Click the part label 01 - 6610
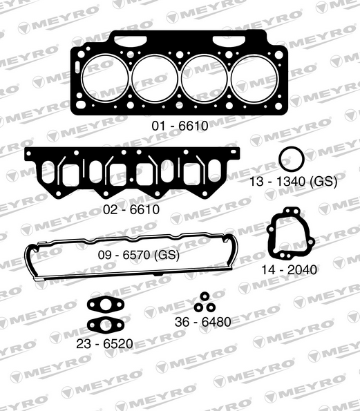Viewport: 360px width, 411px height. [180, 126]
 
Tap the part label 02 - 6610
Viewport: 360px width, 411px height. [131, 209]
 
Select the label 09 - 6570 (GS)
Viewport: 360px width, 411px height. [138, 254]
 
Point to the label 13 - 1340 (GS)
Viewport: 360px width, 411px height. [293, 182]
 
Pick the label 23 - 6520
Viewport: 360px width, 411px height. [106, 343]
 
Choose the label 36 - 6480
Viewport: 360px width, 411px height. [203, 322]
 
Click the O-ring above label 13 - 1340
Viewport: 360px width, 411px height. [292, 158]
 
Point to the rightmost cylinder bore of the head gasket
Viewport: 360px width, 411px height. [255, 77]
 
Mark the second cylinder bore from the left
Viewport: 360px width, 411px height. [155, 77]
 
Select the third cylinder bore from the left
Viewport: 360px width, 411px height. [205, 77]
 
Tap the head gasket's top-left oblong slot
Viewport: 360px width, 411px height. [126, 41]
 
